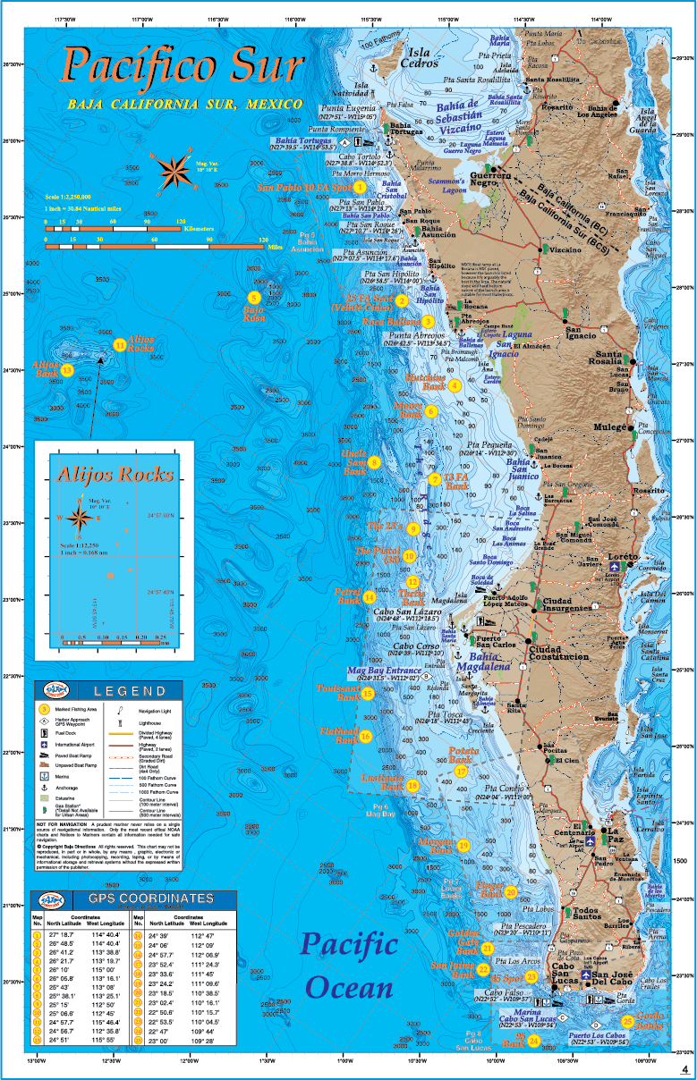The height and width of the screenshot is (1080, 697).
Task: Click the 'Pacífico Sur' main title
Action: [183, 67]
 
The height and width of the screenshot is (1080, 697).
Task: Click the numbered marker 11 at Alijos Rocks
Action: [119, 344]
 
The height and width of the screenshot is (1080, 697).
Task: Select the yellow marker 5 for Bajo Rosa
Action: [254, 298]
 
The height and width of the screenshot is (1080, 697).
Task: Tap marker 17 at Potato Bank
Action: [462, 771]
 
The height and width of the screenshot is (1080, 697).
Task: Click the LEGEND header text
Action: [130, 691]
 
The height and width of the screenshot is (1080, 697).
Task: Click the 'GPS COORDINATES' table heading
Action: [150, 899]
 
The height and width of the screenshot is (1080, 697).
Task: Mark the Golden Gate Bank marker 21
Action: [488, 949]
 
